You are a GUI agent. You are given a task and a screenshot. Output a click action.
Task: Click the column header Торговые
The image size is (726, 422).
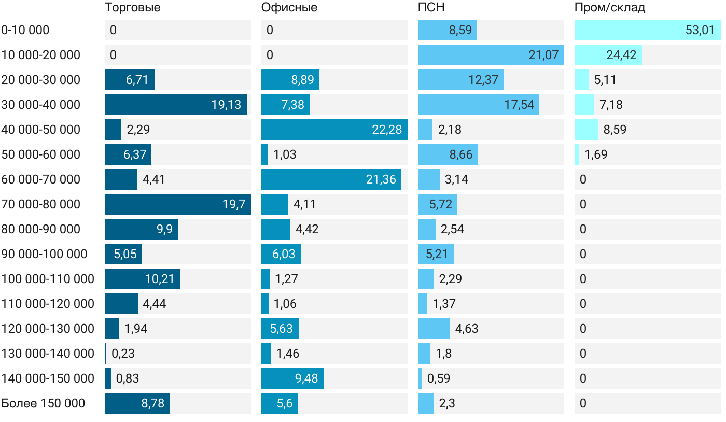(x=132, y=8)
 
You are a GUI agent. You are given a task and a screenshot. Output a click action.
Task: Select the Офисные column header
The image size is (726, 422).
(x=289, y=8)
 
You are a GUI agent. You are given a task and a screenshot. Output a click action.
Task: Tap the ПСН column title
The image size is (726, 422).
(x=431, y=8)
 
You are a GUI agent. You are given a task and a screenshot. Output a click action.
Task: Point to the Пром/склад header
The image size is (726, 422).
(x=610, y=8)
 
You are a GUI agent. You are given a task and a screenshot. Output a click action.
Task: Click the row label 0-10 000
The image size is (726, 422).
(x=25, y=30)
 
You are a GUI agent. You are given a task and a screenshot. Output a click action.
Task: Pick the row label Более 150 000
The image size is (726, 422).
(x=43, y=403)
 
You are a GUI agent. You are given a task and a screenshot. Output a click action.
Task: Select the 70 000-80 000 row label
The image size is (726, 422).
(x=41, y=204)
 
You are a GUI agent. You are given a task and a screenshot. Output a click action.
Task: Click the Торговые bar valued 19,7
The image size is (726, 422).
(x=178, y=204)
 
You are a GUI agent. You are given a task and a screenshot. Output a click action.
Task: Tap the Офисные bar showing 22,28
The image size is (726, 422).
(x=334, y=130)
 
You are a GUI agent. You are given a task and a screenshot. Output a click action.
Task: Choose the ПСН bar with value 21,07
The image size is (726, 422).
(x=491, y=55)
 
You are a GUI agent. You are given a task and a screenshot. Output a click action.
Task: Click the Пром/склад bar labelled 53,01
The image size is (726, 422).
(x=648, y=30)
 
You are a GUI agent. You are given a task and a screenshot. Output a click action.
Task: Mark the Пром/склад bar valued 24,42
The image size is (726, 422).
(x=608, y=55)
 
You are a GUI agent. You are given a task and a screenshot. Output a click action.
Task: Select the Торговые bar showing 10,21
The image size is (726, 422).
(x=143, y=279)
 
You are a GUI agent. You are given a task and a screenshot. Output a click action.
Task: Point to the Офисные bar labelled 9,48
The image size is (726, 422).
(x=292, y=378)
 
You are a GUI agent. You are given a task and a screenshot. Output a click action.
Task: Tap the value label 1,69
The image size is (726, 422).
(x=596, y=154)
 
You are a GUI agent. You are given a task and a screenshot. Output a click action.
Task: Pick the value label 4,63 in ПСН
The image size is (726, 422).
(x=467, y=329)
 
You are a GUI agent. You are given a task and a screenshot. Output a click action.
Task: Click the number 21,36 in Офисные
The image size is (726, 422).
(x=381, y=179)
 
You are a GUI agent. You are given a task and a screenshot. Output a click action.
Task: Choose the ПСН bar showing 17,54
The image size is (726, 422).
(x=479, y=105)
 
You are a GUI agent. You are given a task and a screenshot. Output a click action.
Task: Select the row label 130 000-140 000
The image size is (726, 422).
(x=48, y=354)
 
